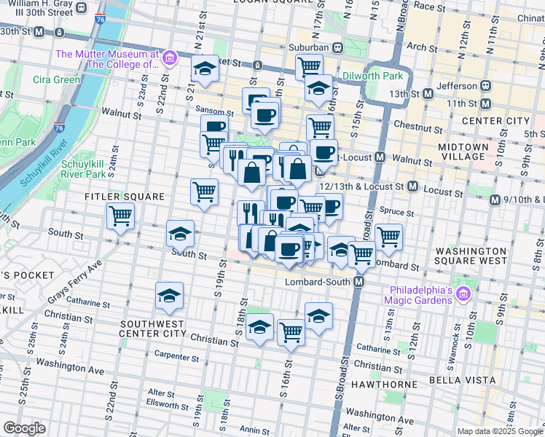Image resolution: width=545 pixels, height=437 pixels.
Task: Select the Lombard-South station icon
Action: [359, 282]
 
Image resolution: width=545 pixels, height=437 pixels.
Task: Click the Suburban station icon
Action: [338, 47]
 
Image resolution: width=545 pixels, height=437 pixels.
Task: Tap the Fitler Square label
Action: [119, 197]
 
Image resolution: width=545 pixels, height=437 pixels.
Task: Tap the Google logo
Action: [24, 428]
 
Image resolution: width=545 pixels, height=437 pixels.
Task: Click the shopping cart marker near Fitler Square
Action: [120, 216]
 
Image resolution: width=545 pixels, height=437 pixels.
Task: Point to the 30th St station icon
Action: [40, 32]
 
